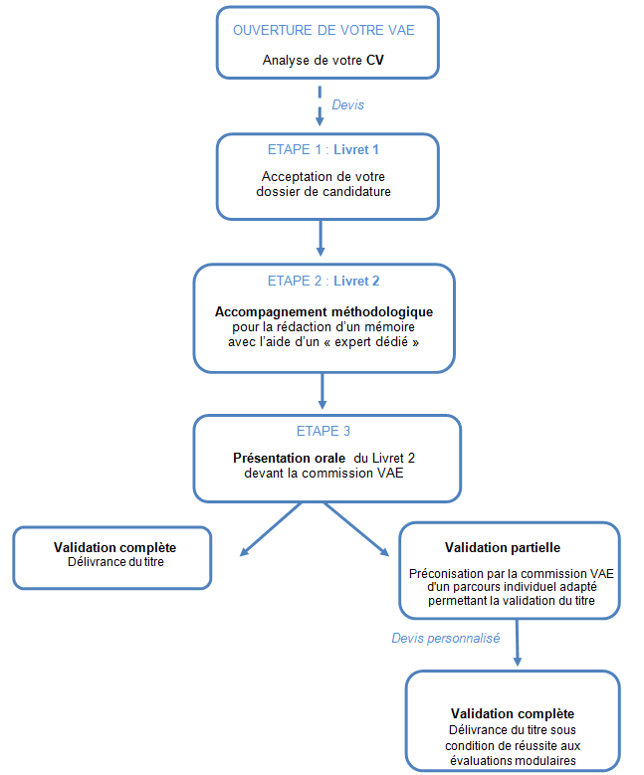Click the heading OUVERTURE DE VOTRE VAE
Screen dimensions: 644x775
pos(323,30)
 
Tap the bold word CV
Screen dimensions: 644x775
pos(375,61)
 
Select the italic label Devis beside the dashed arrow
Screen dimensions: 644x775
pos(347,104)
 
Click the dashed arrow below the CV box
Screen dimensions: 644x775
pos(320,105)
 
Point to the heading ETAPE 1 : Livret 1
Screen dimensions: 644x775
pos(323,150)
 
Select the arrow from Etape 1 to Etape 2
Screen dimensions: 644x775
pos(321,238)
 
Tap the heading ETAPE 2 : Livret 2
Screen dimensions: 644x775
pos(323,281)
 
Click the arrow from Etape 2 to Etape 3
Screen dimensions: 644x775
pos(322,391)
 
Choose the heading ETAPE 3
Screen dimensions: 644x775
pos(323,431)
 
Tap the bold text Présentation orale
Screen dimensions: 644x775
pos(290,459)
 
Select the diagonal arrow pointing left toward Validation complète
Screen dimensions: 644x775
pos(271,530)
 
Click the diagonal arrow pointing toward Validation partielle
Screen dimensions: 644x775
pos(356,530)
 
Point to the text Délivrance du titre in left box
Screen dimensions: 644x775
pos(115,562)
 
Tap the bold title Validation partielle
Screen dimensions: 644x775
pos(503,547)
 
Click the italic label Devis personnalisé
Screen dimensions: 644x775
pos(446,638)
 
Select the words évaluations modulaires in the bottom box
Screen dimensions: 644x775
pos(513,760)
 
